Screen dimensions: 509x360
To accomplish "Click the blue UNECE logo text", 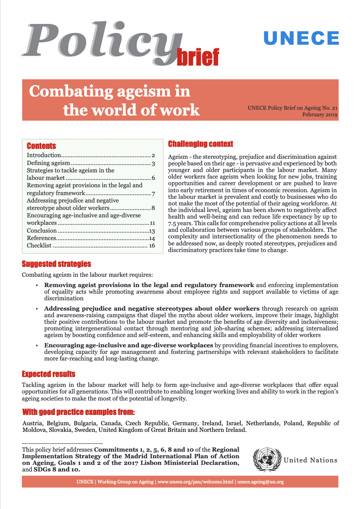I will coord(301,38).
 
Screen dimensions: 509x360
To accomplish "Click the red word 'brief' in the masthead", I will coord(198,57).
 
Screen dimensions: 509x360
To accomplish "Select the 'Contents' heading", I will coord(41,146).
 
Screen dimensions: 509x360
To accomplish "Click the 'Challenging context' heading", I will coord(200,144).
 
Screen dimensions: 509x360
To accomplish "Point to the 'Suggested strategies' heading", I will coord(56,264).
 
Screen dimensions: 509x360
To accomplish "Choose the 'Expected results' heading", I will coord(49,374).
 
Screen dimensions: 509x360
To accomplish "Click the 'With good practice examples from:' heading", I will coord(78,412).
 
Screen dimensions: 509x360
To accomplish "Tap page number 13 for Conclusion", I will coord(151,231).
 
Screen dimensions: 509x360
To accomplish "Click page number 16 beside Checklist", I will coord(151,245).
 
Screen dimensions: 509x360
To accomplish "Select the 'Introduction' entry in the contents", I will coord(44,156).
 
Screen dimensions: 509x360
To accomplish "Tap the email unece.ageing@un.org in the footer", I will coord(261,482).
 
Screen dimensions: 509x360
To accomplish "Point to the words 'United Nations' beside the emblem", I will coord(311,460).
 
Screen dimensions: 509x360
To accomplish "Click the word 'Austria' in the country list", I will coord(32,423).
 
